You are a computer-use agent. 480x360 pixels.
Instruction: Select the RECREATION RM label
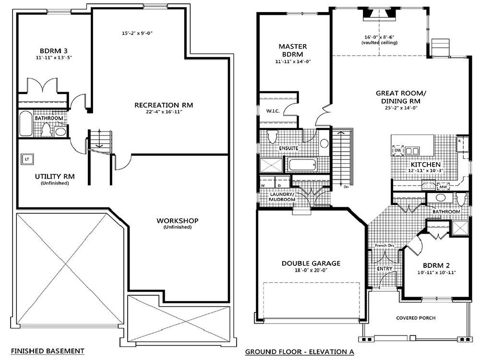(160, 105)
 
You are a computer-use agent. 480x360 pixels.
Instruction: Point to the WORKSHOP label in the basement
(177, 220)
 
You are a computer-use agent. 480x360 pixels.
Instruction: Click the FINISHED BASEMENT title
(48, 351)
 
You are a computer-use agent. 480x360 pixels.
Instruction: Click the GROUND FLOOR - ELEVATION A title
(300, 352)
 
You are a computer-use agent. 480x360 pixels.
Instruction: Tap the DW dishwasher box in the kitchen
(397, 151)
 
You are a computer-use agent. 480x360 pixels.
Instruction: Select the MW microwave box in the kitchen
(444, 186)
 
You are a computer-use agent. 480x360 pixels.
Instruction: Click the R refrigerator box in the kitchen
(459, 142)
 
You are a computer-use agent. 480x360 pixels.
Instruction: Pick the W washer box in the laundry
(264, 184)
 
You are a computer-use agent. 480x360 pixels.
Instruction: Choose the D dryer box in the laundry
(279, 184)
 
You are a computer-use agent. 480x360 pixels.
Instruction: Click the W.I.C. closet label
(273, 111)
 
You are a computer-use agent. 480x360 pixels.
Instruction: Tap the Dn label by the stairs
(346, 187)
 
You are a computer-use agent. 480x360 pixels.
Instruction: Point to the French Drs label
(384, 246)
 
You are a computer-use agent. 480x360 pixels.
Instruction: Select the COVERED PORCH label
(416, 318)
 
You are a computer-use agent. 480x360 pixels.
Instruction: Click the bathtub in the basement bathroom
(26, 124)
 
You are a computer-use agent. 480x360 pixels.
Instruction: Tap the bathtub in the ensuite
(302, 165)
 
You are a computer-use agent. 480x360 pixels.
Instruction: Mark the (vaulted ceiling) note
(379, 43)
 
